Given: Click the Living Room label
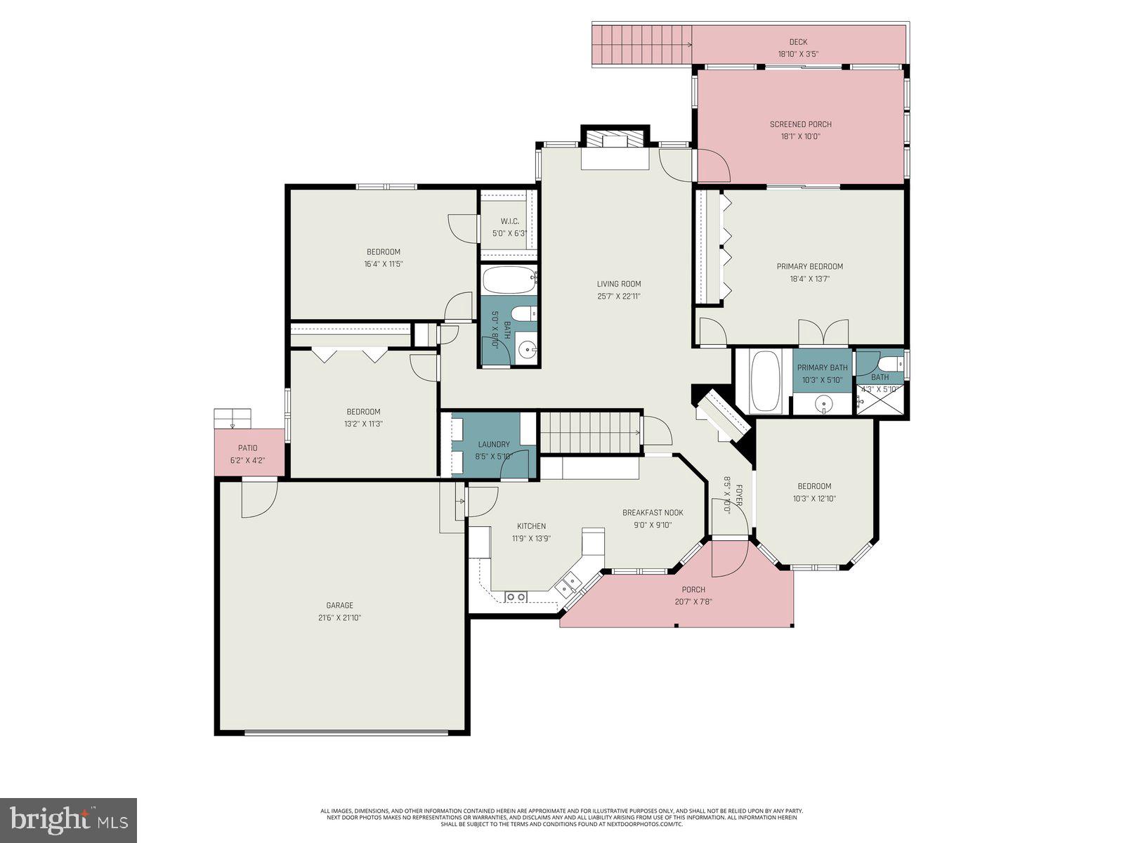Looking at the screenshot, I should point(619,284).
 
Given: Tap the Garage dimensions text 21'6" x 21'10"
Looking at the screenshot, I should point(339,617).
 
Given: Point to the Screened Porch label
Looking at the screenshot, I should point(800,124).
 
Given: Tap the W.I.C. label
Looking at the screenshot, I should point(509,221).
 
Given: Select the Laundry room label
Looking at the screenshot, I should point(494,444).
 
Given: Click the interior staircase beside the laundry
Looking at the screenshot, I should point(590,433).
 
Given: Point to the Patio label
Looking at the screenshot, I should point(247,448).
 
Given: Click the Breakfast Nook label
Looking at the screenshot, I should point(653,513).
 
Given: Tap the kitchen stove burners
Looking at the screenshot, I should point(516,597).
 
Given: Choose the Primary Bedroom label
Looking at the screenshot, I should point(809,266).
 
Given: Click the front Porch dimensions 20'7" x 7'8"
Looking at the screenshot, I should point(693,601).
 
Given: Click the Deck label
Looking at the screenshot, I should point(797,42).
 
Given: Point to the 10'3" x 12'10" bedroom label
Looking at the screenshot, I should point(814,486).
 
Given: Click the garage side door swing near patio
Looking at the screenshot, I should point(258,499).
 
